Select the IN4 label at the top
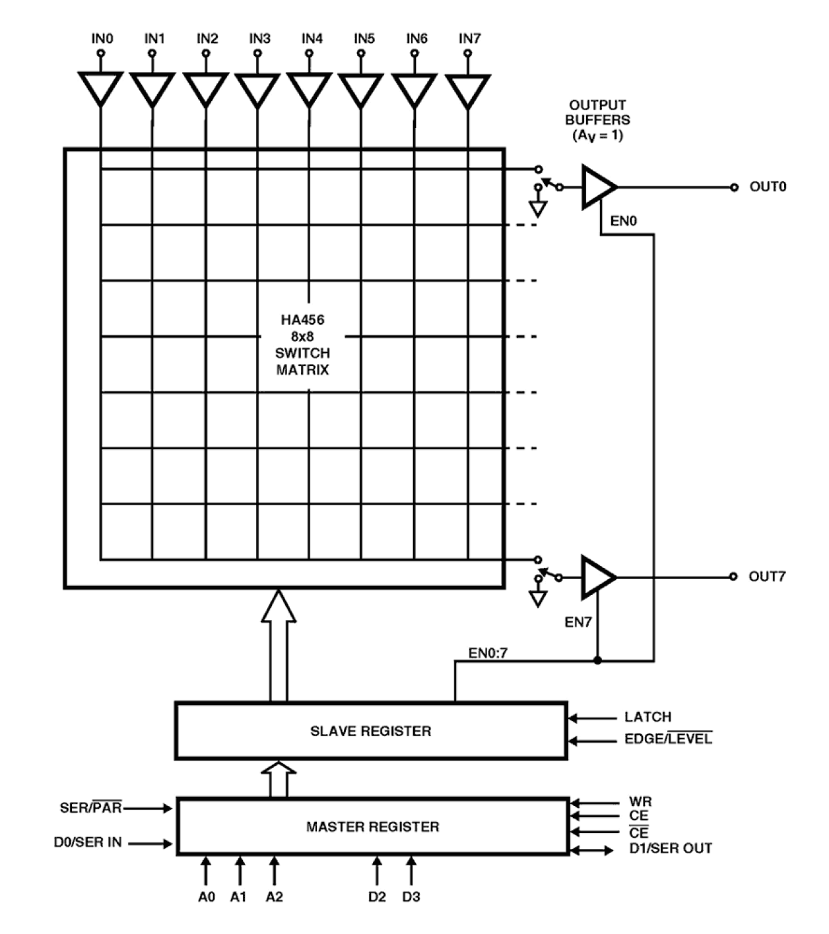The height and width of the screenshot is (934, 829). point(312,39)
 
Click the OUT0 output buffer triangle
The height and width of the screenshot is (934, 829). point(597,187)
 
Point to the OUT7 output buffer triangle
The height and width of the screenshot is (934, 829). point(597,577)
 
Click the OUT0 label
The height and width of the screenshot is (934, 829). point(768,187)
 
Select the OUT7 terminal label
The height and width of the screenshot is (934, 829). point(767,576)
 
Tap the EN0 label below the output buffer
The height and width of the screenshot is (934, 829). point(623,221)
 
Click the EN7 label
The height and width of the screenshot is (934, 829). point(578,622)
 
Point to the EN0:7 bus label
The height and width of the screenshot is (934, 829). point(488,653)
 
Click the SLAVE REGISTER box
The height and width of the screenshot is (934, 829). point(371,731)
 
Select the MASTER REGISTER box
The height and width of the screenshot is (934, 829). point(373,826)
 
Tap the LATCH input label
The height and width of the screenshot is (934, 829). point(647,717)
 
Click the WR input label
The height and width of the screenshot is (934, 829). point(640,802)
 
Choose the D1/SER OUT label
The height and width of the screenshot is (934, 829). point(670,848)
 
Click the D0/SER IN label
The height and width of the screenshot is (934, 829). point(88,842)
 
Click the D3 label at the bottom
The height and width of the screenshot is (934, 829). point(411,897)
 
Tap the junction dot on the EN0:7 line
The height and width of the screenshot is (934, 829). point(597,660)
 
